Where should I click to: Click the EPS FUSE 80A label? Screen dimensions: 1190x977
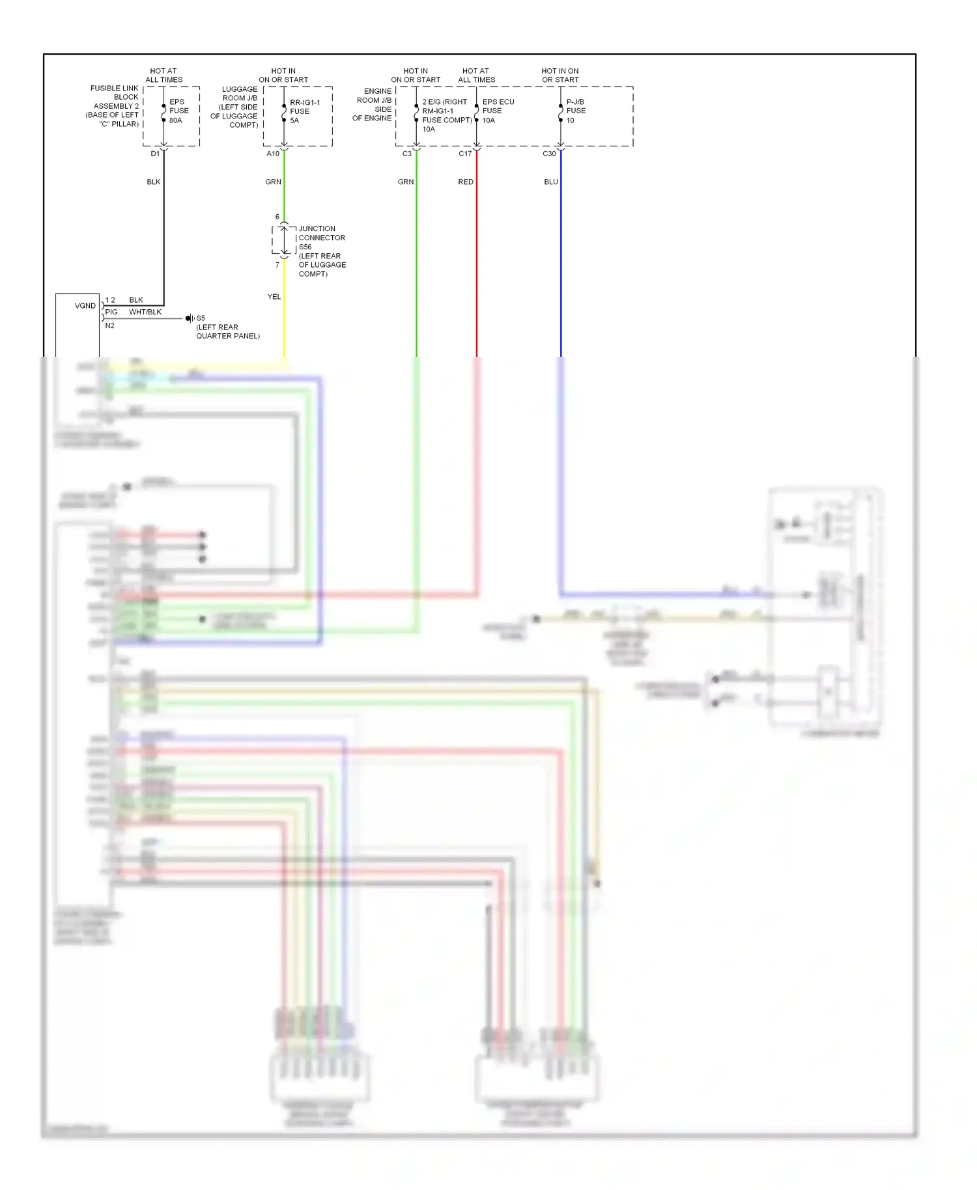178,111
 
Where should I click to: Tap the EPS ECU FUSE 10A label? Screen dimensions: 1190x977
498,111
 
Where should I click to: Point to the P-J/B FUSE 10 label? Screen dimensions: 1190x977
575,111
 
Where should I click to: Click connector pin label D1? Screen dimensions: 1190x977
155,154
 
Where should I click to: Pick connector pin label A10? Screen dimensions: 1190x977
273,154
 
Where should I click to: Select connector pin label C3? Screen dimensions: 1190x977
407,154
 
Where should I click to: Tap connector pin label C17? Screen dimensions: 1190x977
465,154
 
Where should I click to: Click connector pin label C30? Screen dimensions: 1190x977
549,154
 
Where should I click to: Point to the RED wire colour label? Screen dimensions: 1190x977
466,182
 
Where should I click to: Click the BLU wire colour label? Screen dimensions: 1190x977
551,182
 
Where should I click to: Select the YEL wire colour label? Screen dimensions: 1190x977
274,297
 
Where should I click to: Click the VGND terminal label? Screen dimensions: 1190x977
85,306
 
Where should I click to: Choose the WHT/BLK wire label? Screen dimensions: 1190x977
145,312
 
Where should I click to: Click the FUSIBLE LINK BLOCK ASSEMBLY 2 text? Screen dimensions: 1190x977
114,106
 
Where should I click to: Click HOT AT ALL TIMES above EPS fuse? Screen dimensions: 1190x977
163,76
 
